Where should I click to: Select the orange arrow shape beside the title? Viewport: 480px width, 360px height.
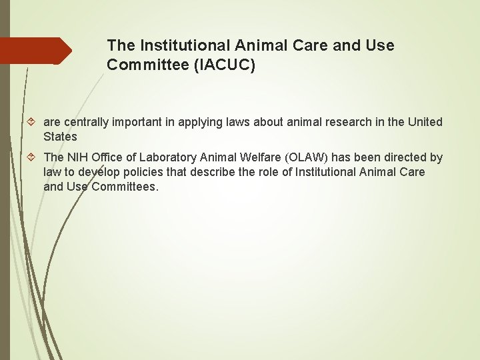coord(37,51)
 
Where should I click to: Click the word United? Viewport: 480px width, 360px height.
coord(425,122)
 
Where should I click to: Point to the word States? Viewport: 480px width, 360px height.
coord(60,137)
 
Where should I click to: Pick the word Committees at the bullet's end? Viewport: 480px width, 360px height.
coord(125,187)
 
